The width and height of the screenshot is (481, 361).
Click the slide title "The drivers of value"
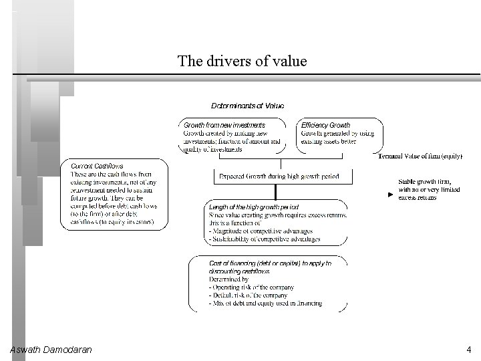tap(242, 62)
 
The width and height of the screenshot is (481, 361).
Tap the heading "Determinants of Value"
tap(247, 106)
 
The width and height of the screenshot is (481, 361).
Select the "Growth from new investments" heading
tap(224, 125)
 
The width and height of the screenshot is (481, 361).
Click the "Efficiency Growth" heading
tap(325, 125)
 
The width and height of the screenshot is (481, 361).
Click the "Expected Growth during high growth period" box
tap(279, 177)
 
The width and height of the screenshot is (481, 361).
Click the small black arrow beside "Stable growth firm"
tap(391, 195)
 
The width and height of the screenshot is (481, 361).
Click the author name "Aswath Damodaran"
tap(51, 350)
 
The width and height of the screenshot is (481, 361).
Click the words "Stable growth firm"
tap(425, 182)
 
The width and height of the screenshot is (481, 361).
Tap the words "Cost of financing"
tap(230, 263)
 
